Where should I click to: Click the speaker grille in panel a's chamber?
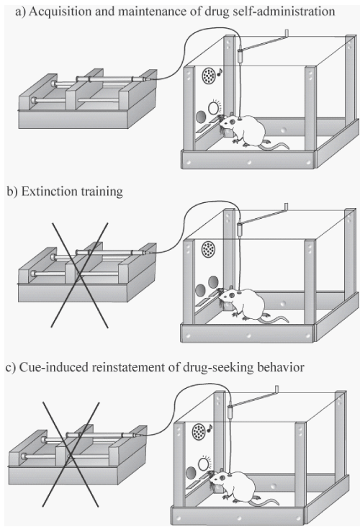click(x=209, y=76)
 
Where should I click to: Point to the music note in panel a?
click(x=220, y=72)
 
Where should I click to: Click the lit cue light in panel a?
click(x=213, y=108)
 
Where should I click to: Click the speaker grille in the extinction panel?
click(x=208, y=249)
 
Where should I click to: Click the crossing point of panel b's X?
click(x=79, y=275)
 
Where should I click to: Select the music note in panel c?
click(x=210, y=428)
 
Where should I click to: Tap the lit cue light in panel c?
click(x=204, y=464)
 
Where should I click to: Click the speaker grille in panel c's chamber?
click(x=199, y=432)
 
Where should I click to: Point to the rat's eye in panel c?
click(x=222, y=477)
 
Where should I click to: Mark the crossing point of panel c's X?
click(x=71, y=455)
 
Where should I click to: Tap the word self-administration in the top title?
click(x=278, y=12)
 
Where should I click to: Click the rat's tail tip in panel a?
click(x=288, y=148)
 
